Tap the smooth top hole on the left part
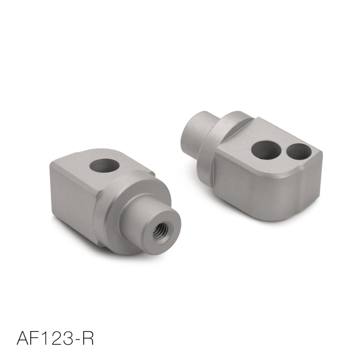(x=104, y=166)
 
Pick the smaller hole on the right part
(x=298, y=152)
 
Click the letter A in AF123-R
(x=24, y=338)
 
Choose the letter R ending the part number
(x=90, y=338)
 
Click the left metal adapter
(x=108, y=202)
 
